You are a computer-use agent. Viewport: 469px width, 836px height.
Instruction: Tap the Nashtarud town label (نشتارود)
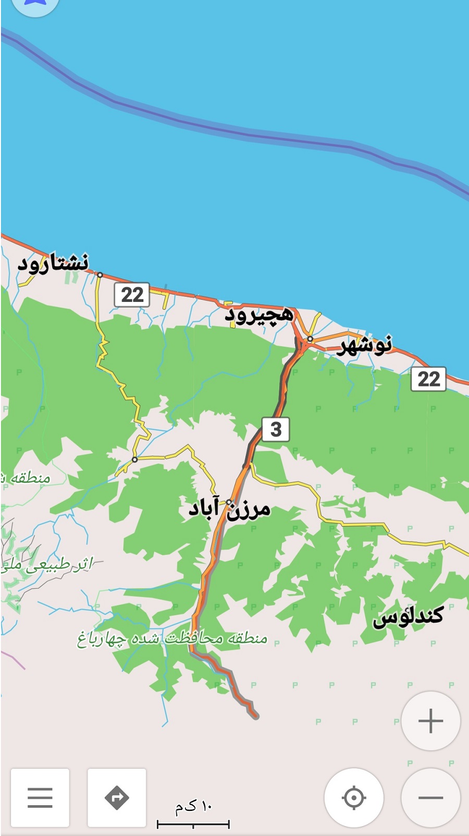[53, 263]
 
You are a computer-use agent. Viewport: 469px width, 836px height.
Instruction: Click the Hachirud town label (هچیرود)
[259, 315]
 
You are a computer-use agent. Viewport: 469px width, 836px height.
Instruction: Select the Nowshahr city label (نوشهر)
[365, 345]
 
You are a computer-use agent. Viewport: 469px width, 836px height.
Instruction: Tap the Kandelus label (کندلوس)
[408, 616]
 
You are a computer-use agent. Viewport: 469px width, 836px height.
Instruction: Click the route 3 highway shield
[276, 429]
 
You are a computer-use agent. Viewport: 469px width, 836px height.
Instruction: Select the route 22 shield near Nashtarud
[132, 295]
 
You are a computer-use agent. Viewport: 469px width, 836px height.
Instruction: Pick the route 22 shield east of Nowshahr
[429, 379]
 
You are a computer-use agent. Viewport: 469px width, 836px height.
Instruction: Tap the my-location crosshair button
[354, 797]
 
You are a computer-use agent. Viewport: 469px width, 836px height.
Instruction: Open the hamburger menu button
[40, 797]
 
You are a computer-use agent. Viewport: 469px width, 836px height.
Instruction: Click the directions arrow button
[117, 797]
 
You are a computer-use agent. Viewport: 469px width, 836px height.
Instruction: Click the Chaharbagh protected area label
[172, 638]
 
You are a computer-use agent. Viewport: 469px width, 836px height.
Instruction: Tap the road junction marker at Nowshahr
[310, 339]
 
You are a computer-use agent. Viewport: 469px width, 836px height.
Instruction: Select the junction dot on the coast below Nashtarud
[100, 275]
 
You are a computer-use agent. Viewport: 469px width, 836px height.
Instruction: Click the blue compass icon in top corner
[34, 4]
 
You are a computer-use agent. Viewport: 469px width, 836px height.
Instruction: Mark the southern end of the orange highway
[255, 716]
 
